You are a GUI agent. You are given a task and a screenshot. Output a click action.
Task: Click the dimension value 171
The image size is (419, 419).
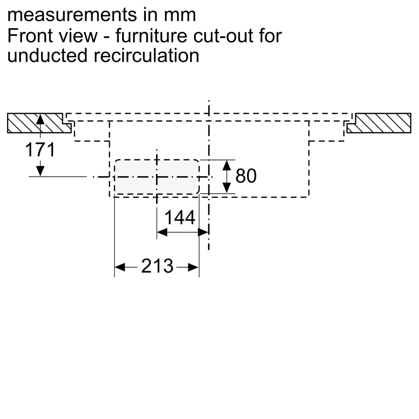40,150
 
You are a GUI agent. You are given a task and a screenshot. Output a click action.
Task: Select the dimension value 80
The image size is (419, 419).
246,176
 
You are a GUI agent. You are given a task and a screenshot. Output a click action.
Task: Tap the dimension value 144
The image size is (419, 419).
180,218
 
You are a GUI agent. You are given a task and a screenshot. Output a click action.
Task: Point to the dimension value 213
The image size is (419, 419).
157,266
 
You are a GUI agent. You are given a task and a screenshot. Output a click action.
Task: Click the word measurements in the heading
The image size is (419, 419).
72,15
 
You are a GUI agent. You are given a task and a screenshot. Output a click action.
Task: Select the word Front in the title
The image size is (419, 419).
31,36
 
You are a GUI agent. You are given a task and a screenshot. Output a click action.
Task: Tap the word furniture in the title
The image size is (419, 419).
151,36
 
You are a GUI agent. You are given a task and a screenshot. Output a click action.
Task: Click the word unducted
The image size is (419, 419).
47,56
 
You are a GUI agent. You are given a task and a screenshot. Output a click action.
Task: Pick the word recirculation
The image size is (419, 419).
146,56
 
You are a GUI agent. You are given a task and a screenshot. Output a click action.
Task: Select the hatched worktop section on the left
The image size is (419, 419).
39,123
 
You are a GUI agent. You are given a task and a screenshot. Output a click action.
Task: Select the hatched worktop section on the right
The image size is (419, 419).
379,123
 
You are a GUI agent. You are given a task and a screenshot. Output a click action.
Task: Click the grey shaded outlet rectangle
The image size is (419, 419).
156,177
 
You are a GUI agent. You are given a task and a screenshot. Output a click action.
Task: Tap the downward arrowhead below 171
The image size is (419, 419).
40,171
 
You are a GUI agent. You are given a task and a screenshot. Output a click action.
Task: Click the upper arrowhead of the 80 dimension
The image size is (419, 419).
227,165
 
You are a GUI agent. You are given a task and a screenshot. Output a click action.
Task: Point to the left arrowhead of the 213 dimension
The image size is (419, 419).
120,267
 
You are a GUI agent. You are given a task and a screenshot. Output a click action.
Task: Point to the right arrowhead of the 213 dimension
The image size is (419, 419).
193,267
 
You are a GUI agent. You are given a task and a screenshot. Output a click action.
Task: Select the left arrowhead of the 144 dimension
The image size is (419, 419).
162,232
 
